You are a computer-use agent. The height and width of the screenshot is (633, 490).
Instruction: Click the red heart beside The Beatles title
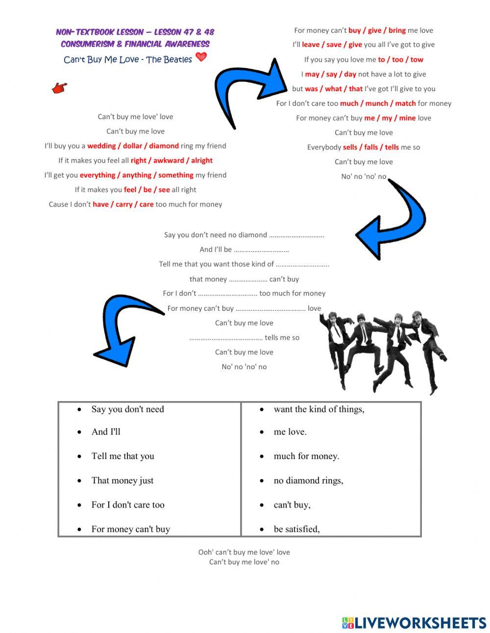click(x=201, y=57)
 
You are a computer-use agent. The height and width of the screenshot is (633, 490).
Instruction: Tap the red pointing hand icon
click(x=59, y=88)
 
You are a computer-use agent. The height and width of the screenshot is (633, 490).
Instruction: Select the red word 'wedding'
click(x=101, y=146)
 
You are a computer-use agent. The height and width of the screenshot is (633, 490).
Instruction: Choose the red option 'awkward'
click(x=169, y=160)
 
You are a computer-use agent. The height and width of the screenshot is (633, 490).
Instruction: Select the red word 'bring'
click(x=397, y=30)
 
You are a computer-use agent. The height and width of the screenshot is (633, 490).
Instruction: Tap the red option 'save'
click(x=334, y=45)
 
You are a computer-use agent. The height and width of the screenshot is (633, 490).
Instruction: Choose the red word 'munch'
click(x=377, y=103)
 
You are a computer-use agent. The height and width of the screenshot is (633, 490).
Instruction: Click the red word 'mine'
click(x=407, y=118)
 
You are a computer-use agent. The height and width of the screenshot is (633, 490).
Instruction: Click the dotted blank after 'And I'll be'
click(x=261, y=250)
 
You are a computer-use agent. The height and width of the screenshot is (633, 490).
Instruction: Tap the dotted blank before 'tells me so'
click(x=225, y=338)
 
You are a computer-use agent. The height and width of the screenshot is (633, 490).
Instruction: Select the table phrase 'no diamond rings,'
click(x=308, y=481)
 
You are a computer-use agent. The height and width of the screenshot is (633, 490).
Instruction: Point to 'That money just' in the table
click(x=122, y=481)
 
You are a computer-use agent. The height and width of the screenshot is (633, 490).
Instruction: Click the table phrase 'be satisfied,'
click(x=296, y=529)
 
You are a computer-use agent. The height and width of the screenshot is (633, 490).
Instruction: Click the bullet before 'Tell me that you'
click(x=79, y=456)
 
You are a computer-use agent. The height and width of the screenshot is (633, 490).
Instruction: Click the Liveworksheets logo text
click(x=420, y=623)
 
